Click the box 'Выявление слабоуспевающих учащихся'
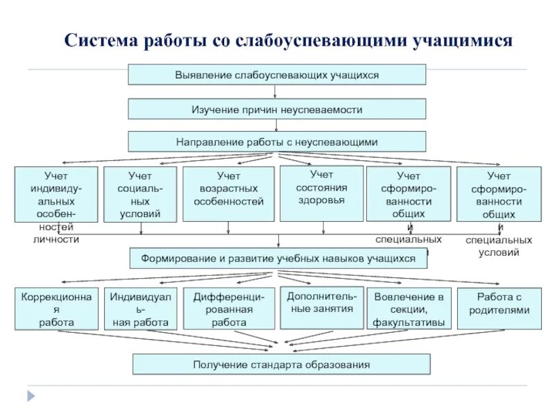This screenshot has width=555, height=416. pyautogui.click(x=277, y=74)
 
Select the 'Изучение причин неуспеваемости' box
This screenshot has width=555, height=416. pyautogui.click(x=277, y=109)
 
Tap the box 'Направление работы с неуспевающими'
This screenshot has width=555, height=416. pyautogui.click(x=277, y=141)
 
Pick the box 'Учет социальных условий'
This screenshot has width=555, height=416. pyautogui.click(x=140, y=194)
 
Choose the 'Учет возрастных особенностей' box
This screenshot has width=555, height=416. pyautogui.click(x=228, y=193)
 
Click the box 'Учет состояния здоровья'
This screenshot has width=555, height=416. pyautogui.click(x=321, y=193)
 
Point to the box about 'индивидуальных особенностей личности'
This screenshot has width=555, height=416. pyautogui.click(x=55, y=194)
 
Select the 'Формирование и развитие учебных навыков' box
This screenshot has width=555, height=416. pyautogui.click(x=279, y=258)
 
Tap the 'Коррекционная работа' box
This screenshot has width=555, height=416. pyautogui.click(x=55, y=309)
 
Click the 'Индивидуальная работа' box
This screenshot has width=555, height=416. pyautogui.click(x=140, y=309)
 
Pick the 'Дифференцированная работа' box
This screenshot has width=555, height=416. pyautogui.click(x=228, y=309)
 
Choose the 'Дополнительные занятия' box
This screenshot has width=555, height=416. pyautogui.click(x=321, y=307)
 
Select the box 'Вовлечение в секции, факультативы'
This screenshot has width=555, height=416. pyautogui.click(x=409, y=309)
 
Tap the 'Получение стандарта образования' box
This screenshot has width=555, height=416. pyautogui.click(x=281, y=364)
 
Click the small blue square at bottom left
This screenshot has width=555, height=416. pyautogui.click(x=29, y=396)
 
